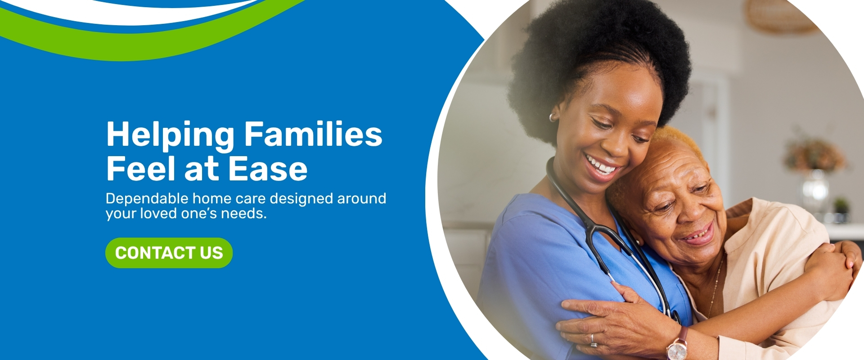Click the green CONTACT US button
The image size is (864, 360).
click(x=169, y=253)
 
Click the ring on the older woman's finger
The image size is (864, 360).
click(x=593, y=340)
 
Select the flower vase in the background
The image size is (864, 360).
click(x=815, y=175)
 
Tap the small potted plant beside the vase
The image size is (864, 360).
click(x=841, y=209)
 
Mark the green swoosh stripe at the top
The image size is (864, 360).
click(x=148, y=38)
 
